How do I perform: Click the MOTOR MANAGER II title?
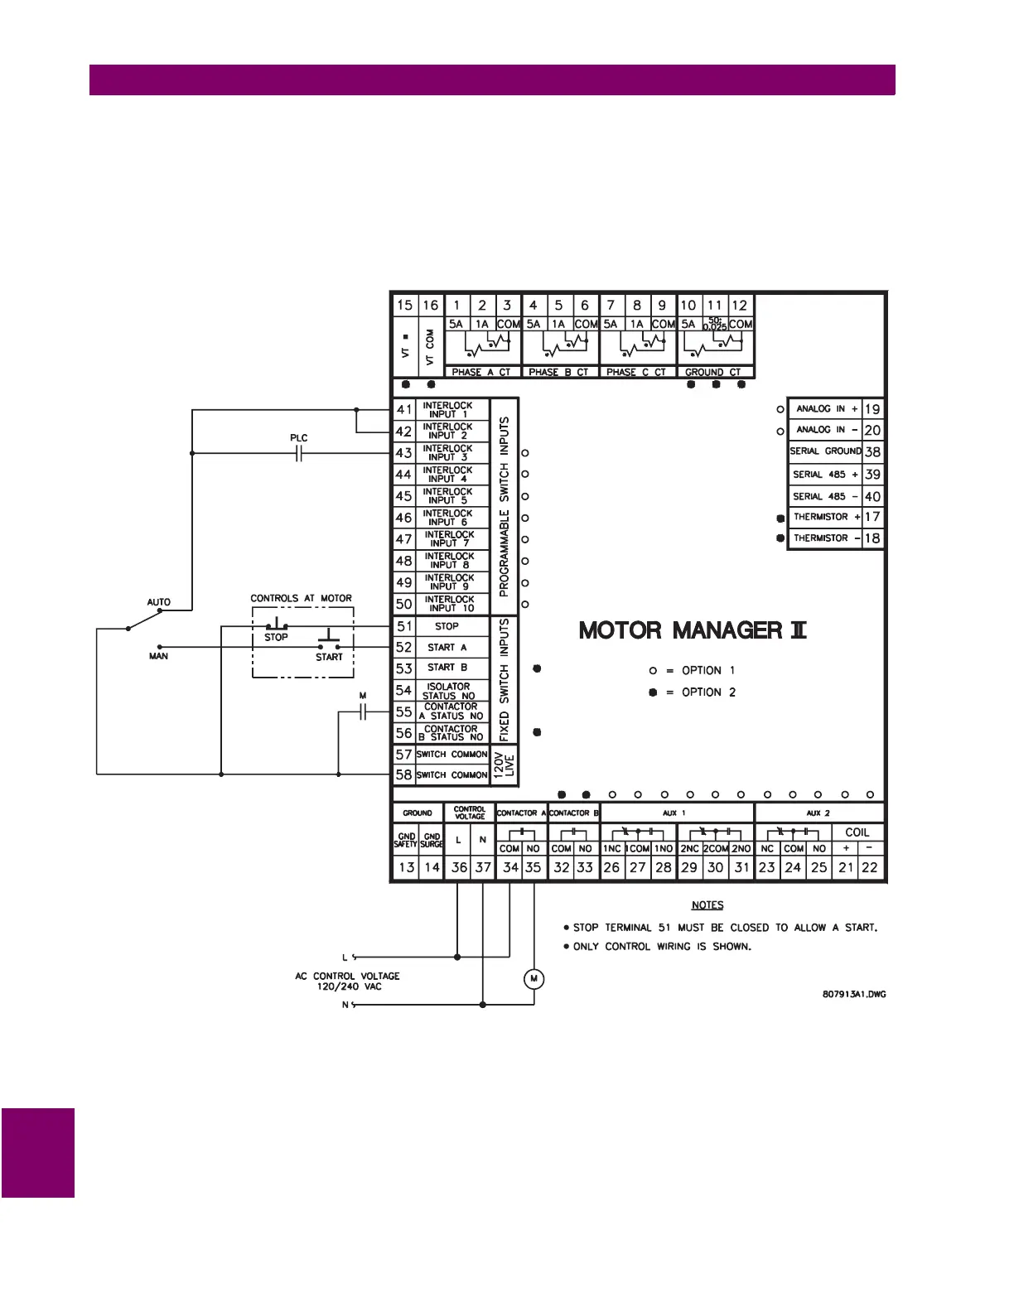click(x=692, y=631)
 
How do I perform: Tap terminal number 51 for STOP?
click(x=403, y=627)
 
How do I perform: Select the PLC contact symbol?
click(x=299, y=453)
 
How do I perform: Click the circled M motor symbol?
click(x=534, y=979)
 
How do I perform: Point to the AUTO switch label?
click(x=158, y=602)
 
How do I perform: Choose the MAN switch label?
click(x=158, y=656)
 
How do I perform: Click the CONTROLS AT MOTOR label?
click(x=301, y=598)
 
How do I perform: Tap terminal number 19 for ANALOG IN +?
click(x=872, y=409)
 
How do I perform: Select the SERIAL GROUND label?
click(x=825, y=451)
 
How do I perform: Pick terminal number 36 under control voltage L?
click(x=459, y=867)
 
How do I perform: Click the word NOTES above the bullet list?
click(x=707, y=905)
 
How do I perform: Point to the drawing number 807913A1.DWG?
click(x=853, y=994)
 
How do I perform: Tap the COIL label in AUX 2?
click(x=857, y=832)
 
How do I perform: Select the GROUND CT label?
click(x=712, y=373)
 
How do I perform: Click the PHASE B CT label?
click(x=558, y=373)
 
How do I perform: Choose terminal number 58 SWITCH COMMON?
click(x=403, y=775)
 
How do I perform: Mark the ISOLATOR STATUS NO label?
click(x=449, y=691)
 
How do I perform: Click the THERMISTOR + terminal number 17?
click(x=872, y=517)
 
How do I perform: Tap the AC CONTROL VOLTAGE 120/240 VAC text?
click(x=347, y=982)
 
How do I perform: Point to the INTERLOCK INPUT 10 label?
click(x=450, y=604)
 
